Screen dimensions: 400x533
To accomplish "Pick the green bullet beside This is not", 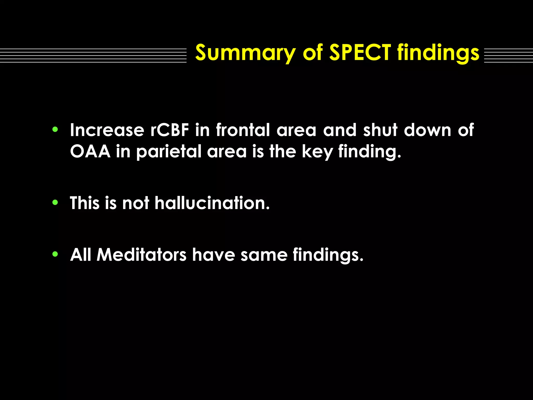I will click(x=55, y=202).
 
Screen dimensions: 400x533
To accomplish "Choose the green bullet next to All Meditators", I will click(x=55, y=254).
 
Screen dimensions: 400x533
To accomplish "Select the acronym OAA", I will click(x=90, y=151).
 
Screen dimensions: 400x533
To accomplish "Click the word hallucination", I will click(x=212, y=203).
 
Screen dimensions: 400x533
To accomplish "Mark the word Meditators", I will click(x=141, y=254).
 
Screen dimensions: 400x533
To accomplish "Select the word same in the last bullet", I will click(x=264, y=255).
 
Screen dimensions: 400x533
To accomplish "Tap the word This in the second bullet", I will click(x=85, y=203).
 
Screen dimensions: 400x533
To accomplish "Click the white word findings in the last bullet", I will click(x=328, y=255).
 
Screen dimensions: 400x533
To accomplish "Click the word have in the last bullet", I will click(x=213, y=254).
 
